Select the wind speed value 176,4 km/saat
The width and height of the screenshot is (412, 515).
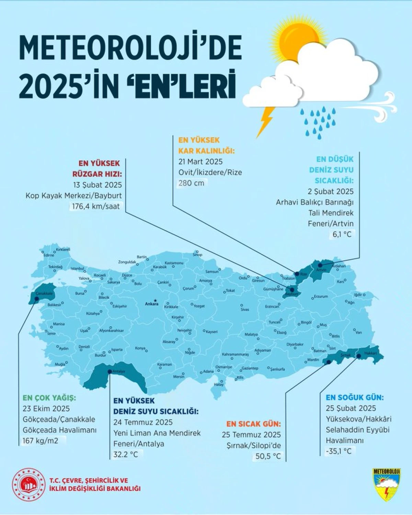tap(96, 206)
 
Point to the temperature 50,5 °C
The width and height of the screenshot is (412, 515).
tap(268, 456)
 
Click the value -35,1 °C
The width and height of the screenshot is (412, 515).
tap(339, 451)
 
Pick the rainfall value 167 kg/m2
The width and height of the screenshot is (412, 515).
tap(41, 440)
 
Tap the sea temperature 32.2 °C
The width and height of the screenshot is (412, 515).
tap(126, 455)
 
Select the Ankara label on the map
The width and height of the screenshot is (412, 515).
tap(151, 304)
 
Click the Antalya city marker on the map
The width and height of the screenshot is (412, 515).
tap(110, 371)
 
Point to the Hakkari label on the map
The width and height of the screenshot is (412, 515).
tap(370, 353)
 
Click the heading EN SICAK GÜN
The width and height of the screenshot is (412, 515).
tap(253, 424)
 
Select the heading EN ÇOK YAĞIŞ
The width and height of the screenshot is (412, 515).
tap(49, 398)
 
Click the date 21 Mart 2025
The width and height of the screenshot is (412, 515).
tap(201, 162)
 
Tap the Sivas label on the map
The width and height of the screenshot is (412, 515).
tap(244, 309)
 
